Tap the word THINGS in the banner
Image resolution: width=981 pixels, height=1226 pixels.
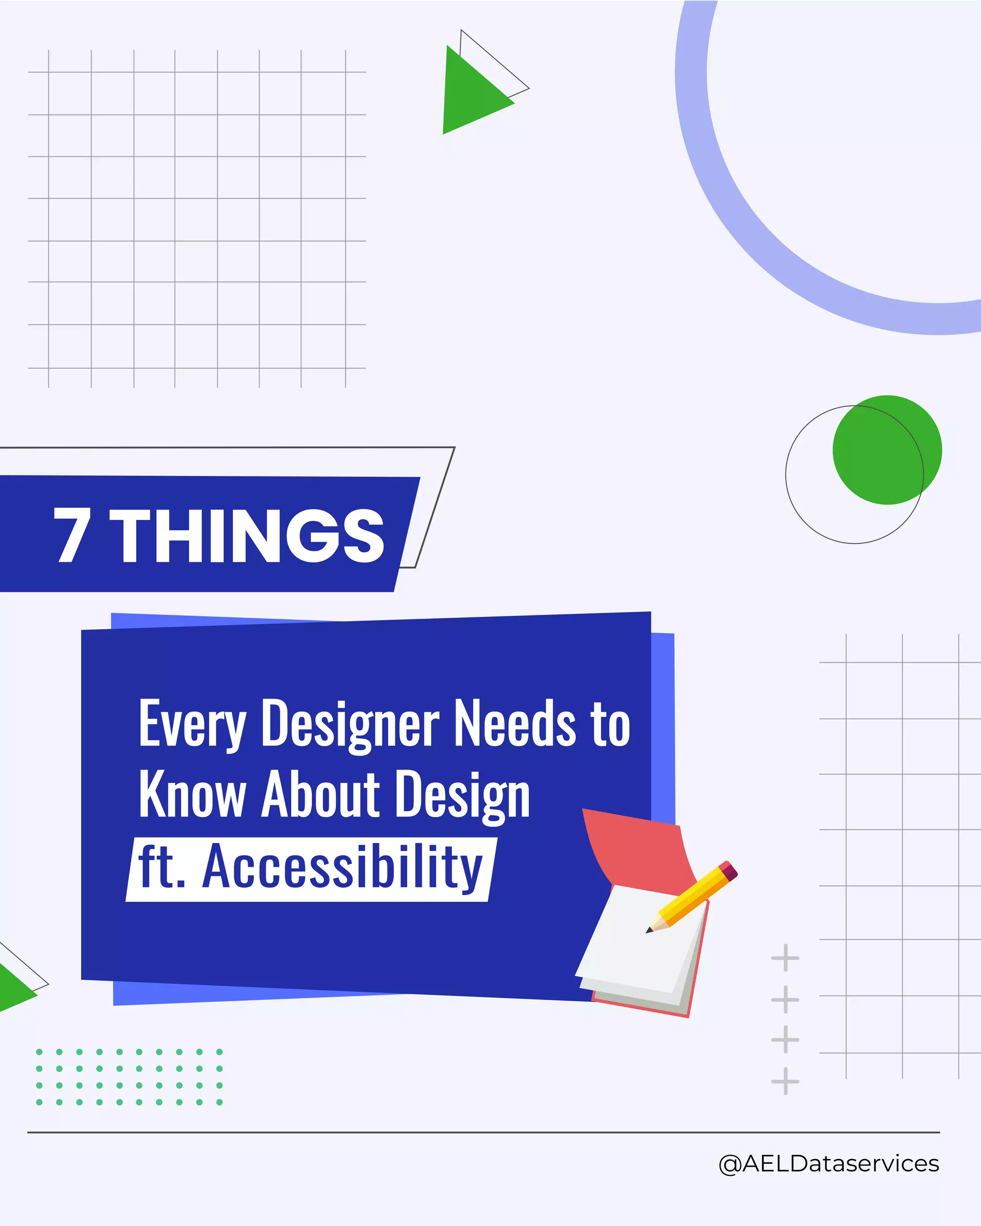coord(249,536)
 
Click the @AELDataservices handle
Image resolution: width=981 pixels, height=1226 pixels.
coord(829,1163)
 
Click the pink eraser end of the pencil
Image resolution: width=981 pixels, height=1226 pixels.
coord(730,871)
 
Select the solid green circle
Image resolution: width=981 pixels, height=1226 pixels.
coord(887,450)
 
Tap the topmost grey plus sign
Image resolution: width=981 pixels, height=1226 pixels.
coord(785,958)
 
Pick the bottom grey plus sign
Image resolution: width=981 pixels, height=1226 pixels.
coord(785,1081)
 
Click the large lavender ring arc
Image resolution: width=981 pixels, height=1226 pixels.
coord(739,227)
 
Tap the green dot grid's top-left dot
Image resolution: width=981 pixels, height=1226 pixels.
coord(39,1052)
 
